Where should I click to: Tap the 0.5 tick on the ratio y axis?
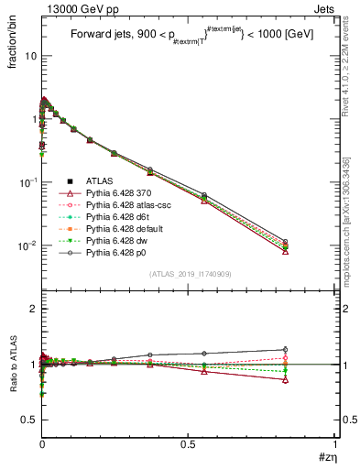29,419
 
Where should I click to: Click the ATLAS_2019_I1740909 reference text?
189,275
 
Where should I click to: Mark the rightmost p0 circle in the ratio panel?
286,349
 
